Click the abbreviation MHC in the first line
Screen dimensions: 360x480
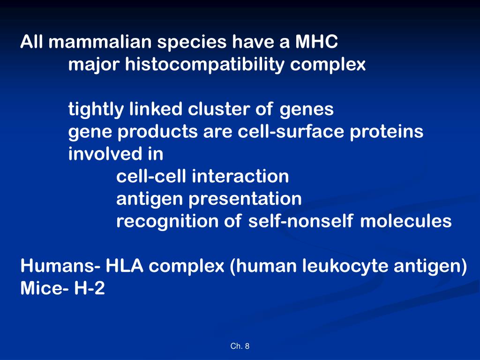[x=316, y=43]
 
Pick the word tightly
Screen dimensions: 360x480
[x=96, y=110]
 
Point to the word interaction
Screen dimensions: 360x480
[x=240, y=177]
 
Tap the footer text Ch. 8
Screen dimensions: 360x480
[x=240, y=346]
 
